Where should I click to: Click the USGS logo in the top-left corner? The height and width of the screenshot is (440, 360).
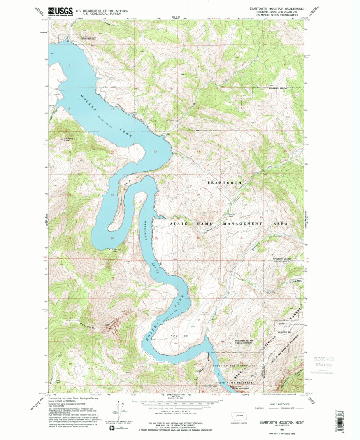point(60,12)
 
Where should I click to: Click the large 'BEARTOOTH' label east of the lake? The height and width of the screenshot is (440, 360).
point(224,182)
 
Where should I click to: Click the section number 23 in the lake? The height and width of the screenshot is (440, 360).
point(156,152)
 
